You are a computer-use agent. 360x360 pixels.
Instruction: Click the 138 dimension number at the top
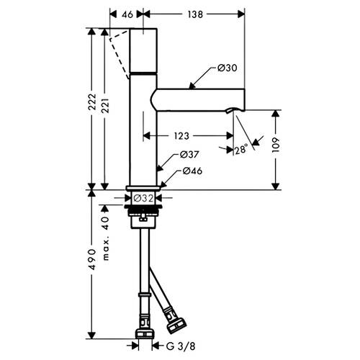pos(195,14)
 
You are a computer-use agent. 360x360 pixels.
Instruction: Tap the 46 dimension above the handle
pos(127,14)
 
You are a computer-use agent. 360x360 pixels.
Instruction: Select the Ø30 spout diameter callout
pos(227,68)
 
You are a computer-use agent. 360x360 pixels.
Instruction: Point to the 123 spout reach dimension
pos(181,136)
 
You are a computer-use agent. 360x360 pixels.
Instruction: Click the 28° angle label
pos(240,150)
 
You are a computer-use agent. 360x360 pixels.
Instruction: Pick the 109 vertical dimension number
pos(275,145)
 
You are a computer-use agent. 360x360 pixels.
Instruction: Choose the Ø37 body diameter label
pos(189,155)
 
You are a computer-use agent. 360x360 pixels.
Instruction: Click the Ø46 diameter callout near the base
pos(192,171)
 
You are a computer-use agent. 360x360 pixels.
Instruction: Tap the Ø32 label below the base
pos(143,198)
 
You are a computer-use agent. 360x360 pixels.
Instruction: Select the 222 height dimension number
pos(92,102)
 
